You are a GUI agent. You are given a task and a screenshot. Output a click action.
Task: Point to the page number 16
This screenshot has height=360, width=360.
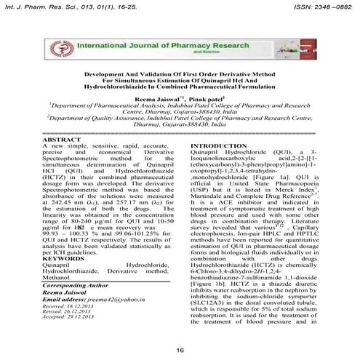(180, 351)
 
